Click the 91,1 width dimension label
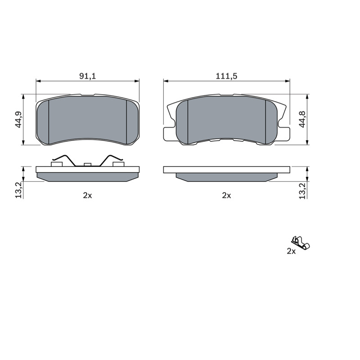click(x=87, y=76)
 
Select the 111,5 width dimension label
click(x=226, y=76)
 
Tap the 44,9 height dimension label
click(x=18, y=119)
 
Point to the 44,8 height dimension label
click(x=302, y=119)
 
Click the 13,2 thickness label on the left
click(x=18, y=190)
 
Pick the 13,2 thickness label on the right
click(x=302, y=191)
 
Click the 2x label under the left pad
click(x=87, y=195)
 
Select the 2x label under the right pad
click(x=226, y=195)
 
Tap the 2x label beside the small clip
click(x=291, y=252)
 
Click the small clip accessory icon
click(x=301, y=243)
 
